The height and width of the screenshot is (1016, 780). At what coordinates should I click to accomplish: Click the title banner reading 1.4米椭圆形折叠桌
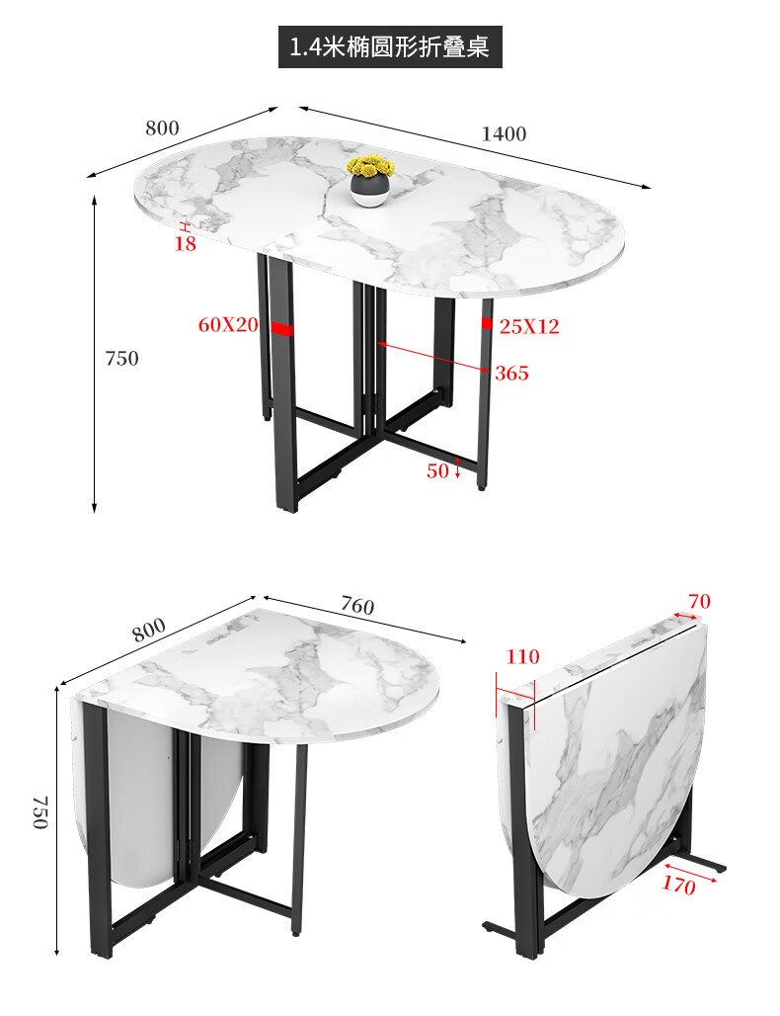[390, 46]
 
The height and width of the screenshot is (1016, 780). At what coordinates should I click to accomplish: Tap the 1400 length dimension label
[504, 134]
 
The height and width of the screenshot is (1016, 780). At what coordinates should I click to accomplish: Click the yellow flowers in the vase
[371, 166]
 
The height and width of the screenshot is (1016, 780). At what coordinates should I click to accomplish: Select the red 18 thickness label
[186, 244]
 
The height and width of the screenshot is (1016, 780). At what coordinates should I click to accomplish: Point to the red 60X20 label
[228, 324]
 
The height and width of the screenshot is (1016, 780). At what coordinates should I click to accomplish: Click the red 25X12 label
[529, 326]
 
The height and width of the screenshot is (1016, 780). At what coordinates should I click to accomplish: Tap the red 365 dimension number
[511, 374]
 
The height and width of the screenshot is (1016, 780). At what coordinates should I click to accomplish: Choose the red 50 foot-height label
[437, 470]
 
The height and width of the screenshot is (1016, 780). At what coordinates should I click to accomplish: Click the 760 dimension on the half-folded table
[357, 606]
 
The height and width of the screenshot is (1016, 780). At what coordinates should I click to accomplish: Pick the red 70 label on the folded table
[699, 601]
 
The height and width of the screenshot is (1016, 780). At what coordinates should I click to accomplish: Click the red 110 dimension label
[522, 656]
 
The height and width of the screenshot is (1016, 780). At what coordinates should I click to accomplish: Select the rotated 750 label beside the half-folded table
[40, 812]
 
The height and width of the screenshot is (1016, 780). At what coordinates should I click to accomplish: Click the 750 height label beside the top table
[121, 359]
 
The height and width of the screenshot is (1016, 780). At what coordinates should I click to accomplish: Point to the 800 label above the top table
[162, 128]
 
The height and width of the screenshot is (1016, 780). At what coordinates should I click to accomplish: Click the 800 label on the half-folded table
[149, 630]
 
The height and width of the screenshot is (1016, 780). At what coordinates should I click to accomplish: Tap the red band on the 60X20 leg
[282, 329]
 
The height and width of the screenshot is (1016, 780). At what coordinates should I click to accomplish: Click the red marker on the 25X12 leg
[487, 323]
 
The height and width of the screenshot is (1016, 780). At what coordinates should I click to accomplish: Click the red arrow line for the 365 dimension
[433, 357]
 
